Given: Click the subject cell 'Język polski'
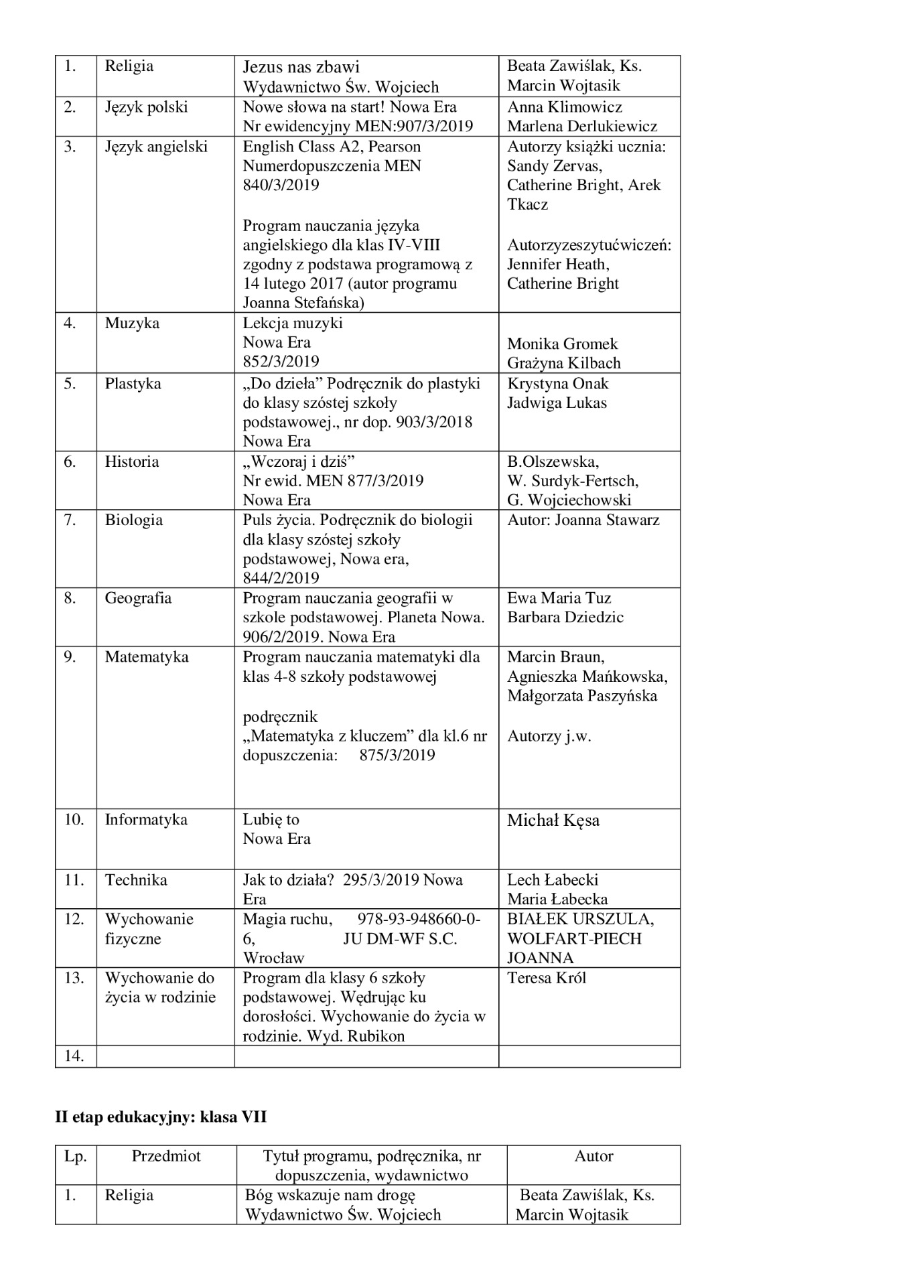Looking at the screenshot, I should pos(146,107).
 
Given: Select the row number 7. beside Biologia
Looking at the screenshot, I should pos(70,520).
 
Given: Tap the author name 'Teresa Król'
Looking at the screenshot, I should pos(546,978).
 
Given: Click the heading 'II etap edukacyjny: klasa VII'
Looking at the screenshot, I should pos(161,1117).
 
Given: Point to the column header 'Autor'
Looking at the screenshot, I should pos(593,1156).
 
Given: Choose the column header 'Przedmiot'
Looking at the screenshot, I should pos(166,1156).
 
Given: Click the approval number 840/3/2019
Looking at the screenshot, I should pos(281,185).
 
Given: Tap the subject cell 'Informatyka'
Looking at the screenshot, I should pos(146,820).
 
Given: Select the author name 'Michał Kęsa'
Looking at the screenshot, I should pos(553,820).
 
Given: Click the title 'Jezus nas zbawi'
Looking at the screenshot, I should pos(301,67).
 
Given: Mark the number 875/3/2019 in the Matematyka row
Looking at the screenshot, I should pos(397,756).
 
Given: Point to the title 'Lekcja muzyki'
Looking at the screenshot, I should pos(293,324).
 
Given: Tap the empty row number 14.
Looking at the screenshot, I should pos(74,1056).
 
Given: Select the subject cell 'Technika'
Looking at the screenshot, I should pos(136,880).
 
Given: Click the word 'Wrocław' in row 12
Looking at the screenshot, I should pos(273,958).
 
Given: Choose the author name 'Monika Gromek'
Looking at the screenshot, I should pos(562,344).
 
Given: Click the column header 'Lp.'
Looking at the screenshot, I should pos(76,1156).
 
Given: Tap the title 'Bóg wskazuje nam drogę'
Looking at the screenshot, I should pos(330,1195).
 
